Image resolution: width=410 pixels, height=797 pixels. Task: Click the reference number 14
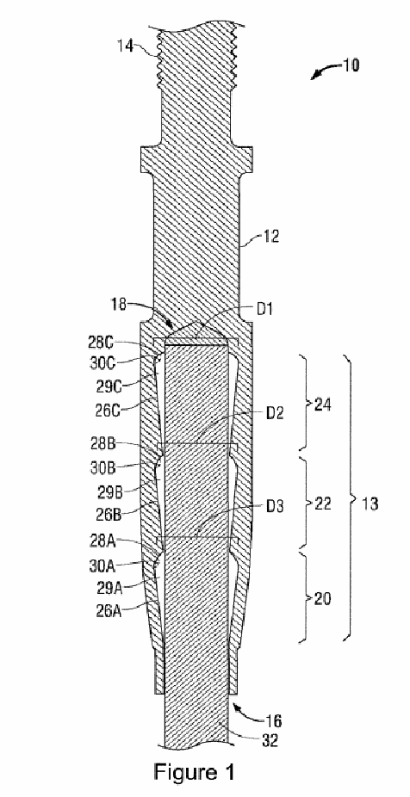click(x=126, y=46)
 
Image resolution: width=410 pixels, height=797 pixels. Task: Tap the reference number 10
click(x=351, y=65)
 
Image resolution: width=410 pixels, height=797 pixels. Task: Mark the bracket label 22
click(x=322, y=504)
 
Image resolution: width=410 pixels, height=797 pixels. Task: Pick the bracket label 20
click(x=322, y=599)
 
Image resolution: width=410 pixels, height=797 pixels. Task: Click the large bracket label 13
click(x=370, y=504)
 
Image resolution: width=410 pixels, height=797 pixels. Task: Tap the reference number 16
click(x=273, y=720)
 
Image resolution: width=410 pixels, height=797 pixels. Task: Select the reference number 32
click(x=270, y=741)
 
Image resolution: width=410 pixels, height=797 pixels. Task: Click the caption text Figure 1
click(x=195, y=773)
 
